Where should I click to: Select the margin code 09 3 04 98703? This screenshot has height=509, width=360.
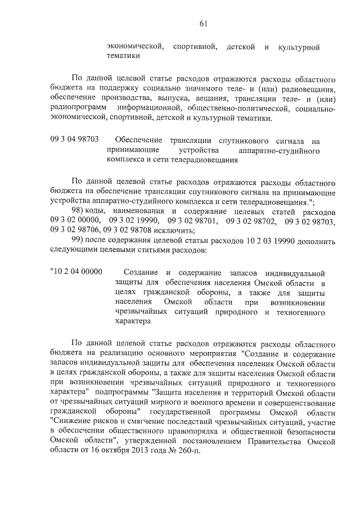tap(74, 139)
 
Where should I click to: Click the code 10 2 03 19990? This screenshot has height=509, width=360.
tap(268, 240)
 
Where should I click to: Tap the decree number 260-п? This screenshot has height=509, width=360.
tap(187, 451)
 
